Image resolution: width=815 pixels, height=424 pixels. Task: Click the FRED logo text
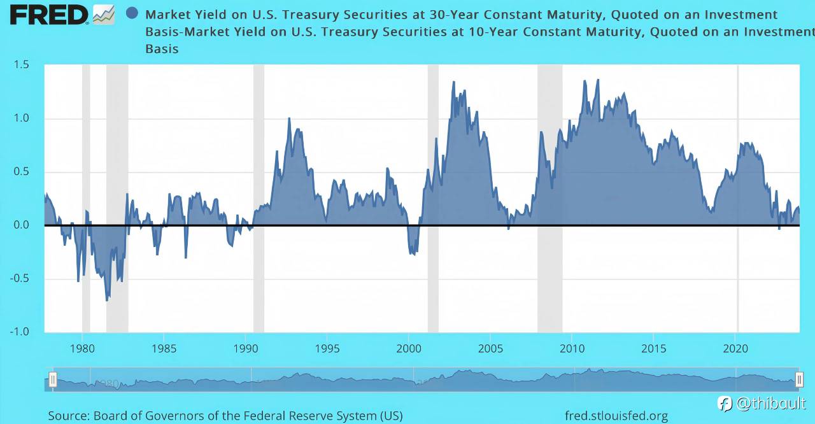48,15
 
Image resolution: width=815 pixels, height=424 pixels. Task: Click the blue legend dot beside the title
132,13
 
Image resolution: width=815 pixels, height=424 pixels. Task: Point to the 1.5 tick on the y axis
21,65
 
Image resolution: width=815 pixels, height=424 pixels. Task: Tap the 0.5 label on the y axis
21,172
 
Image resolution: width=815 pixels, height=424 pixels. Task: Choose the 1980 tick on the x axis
82,348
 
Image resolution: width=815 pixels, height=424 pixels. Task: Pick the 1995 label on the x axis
327,348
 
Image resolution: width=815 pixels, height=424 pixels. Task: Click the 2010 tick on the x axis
572,348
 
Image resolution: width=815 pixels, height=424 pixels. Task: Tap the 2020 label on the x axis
735,348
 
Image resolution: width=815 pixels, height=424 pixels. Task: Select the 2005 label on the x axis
490,348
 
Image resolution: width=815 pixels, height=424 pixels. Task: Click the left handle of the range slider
53,379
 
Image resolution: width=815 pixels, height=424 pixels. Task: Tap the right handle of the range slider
799,379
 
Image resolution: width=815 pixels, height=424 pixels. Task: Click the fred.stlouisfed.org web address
616,416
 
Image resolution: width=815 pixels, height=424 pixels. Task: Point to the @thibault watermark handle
770,403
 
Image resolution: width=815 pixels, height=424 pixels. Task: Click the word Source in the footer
68,416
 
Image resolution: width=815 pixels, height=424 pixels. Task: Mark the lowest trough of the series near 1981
107,300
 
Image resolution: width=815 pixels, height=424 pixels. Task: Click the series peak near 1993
289,118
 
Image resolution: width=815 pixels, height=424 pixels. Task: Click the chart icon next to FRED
104,14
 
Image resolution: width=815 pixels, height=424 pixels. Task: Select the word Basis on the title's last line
162,48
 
